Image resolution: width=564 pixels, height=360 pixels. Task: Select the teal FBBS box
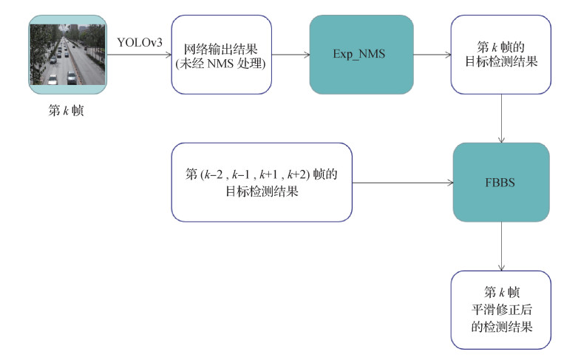pos(501,182)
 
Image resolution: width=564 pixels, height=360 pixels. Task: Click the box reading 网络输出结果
pos(221,55)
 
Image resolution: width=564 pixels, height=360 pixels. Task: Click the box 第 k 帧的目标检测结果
pos(501,55)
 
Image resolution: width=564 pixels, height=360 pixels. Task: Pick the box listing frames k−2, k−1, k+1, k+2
pos(261,182)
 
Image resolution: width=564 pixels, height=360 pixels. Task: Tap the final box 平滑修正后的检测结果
pos(501,310)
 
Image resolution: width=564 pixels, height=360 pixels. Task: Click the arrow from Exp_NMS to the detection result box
pos(428,55)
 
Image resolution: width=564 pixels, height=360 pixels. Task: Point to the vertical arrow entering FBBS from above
pos(503,118)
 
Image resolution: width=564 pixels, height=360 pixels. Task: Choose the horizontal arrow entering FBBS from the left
pos(402,182)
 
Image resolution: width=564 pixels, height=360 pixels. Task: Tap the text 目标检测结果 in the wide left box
pos(262,190)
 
